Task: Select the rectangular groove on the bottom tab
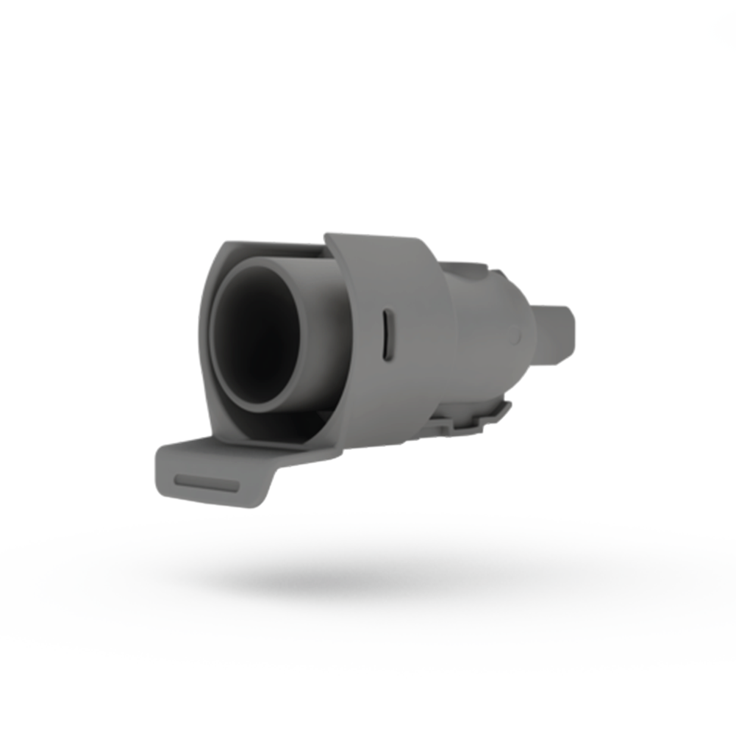tap(207, 482)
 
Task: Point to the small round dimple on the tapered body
tap(518, 337)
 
